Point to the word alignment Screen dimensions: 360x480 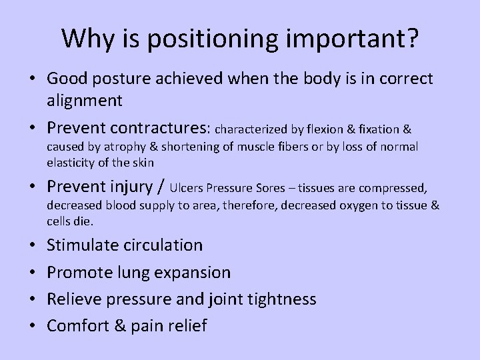[85, 100]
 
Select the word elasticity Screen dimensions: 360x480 [69, 162]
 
